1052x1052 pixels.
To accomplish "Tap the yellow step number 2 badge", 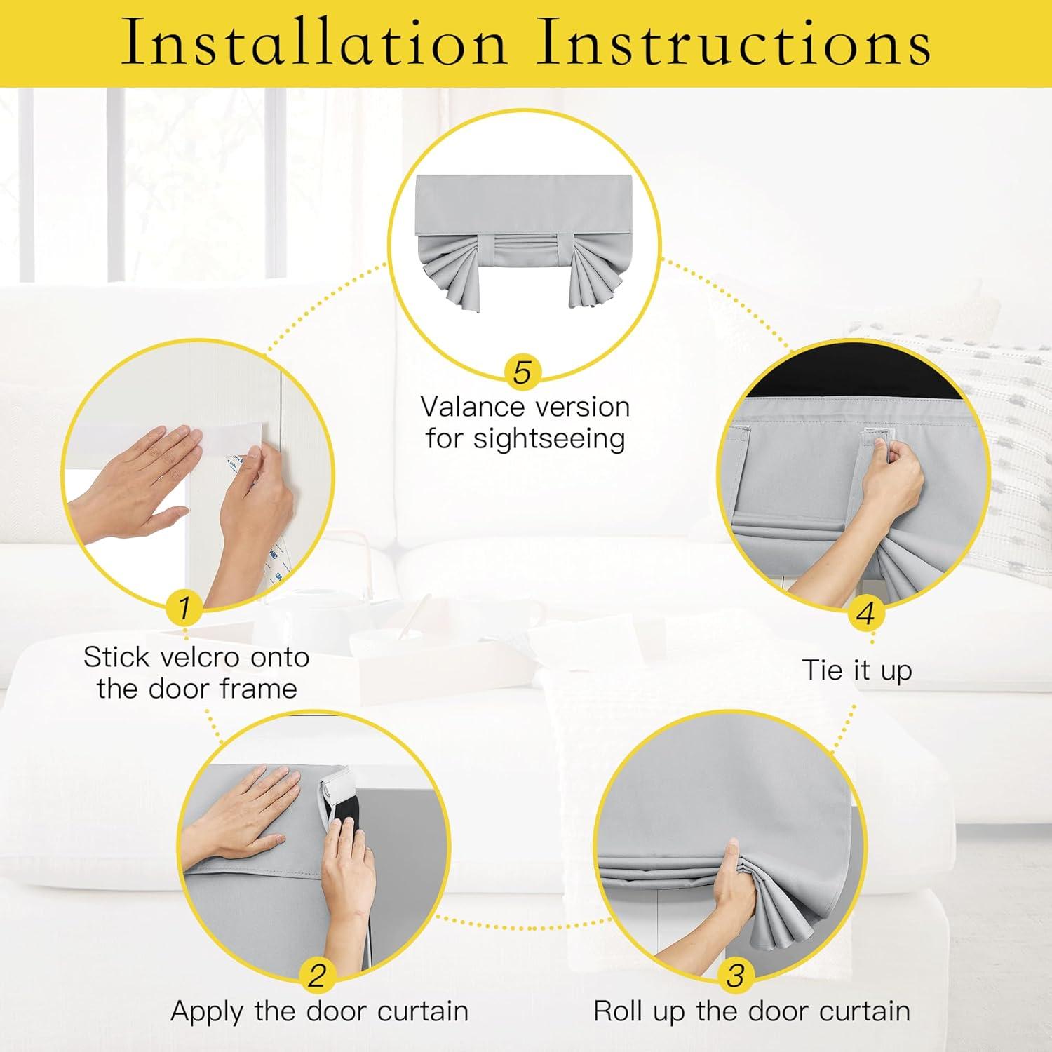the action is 317,976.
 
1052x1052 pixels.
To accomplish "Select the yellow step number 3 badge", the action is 735,976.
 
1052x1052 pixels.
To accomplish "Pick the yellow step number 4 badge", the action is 865,613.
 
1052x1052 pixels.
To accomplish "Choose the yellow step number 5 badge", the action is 522,372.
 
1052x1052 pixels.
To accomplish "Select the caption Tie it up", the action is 857,670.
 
